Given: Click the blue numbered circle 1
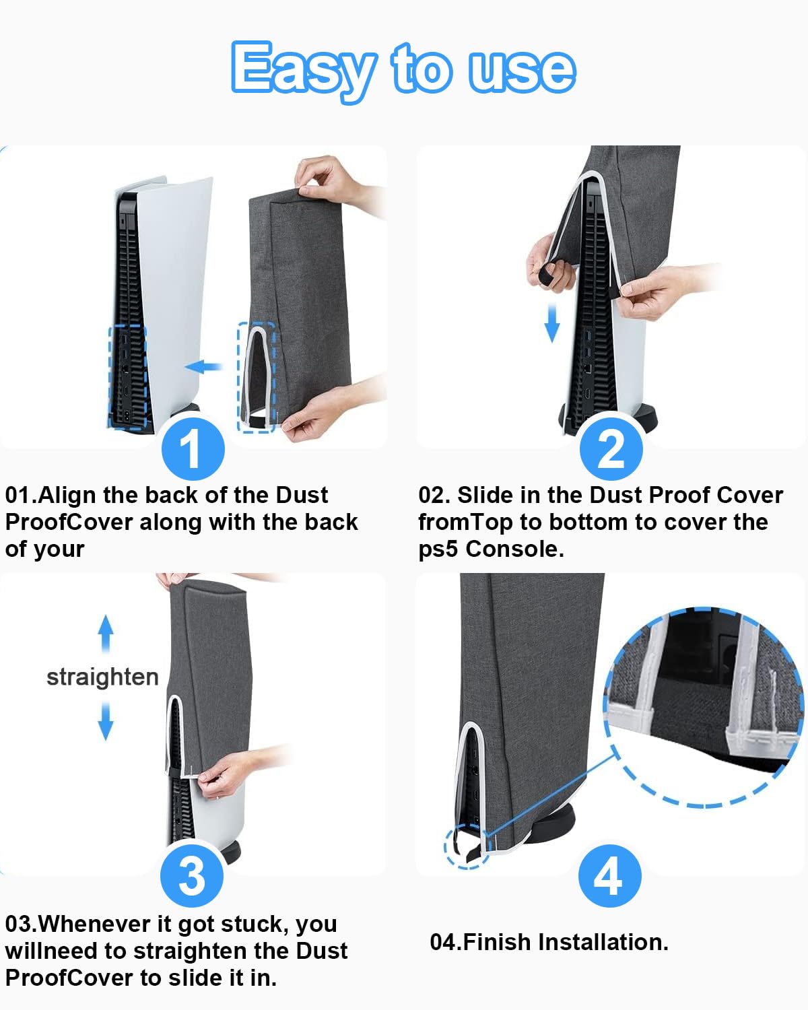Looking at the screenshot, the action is [193, 448].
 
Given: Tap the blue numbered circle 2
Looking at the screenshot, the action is [611, 448].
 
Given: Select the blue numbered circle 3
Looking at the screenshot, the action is [191, 876].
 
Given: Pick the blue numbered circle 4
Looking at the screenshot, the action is [609, 876].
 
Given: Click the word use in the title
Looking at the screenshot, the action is [522, 71].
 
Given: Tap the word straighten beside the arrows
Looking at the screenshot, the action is [103, 677].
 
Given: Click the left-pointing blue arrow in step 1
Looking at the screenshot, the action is [204, 366].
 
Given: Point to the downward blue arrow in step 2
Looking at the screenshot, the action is [552, 323].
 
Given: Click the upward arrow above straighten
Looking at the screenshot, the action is [106, 634].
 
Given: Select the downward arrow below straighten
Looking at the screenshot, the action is [106, 721].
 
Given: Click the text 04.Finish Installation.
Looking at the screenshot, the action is [549, 942].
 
